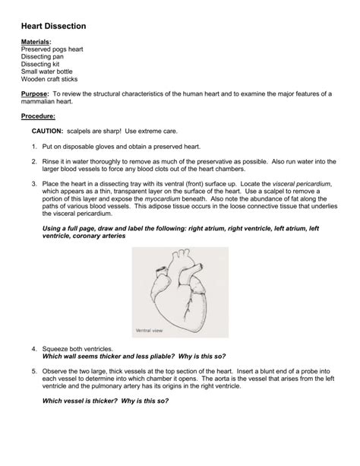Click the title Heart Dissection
pos(53,26)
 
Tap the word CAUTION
pos(47,132)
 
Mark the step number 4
pos(34,348)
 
